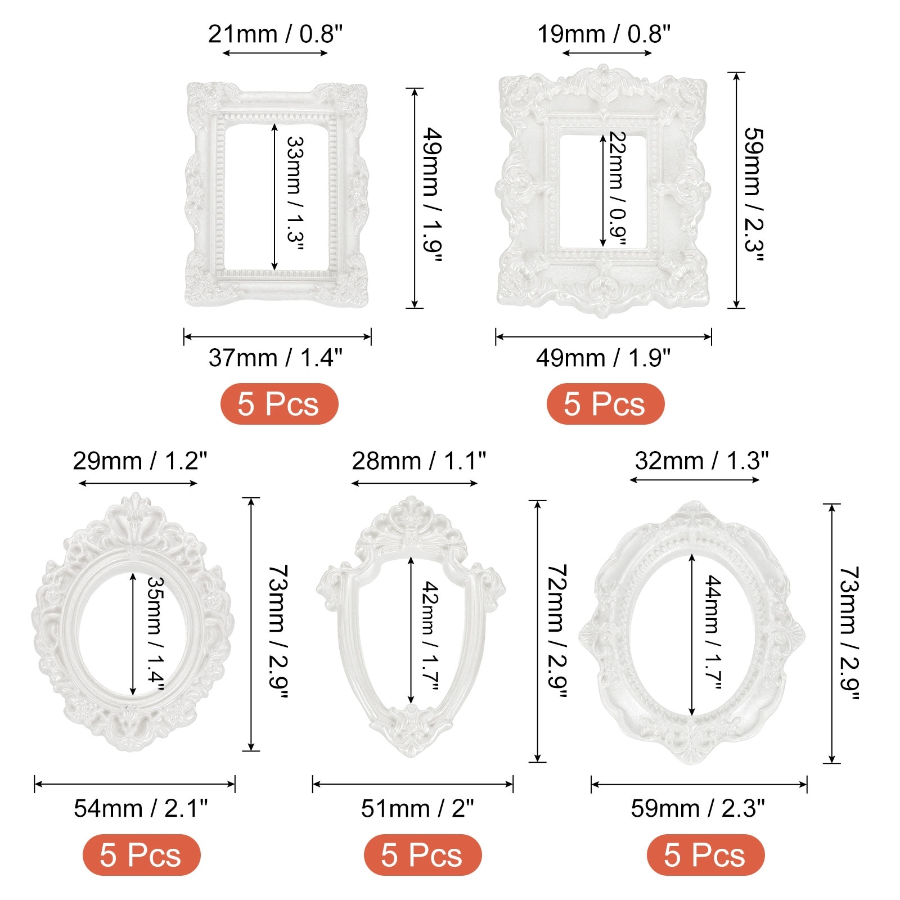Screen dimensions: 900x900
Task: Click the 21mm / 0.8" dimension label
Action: click(275, 34)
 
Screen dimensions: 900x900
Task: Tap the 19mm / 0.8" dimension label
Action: click(604, 34)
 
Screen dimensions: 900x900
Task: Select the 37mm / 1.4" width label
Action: click(276, 358)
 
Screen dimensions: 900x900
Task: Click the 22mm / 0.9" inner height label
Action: click(618, 188)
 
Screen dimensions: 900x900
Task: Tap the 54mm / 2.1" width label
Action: click(141, 808)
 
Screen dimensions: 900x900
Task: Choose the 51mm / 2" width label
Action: click(417, 808)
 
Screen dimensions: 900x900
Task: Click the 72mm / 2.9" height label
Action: click(557, 631)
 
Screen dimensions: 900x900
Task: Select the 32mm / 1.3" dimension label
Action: click(701, 461)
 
